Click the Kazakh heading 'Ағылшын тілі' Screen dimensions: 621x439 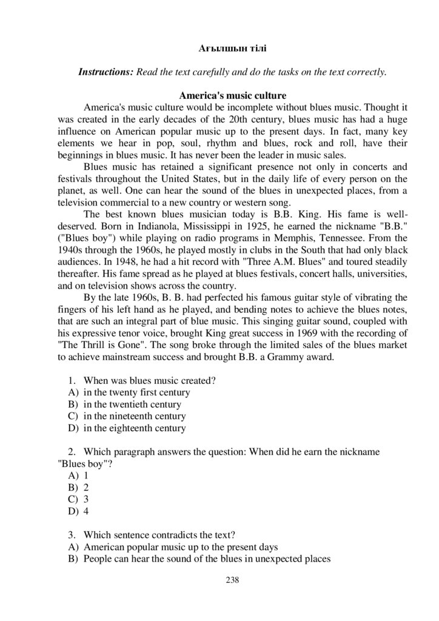click(233, 47)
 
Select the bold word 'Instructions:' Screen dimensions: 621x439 click(106, 72)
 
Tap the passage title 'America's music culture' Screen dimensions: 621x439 click(233, 96)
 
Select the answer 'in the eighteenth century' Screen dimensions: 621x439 click(135, 428)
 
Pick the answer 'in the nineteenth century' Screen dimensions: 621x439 click(135, 417)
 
